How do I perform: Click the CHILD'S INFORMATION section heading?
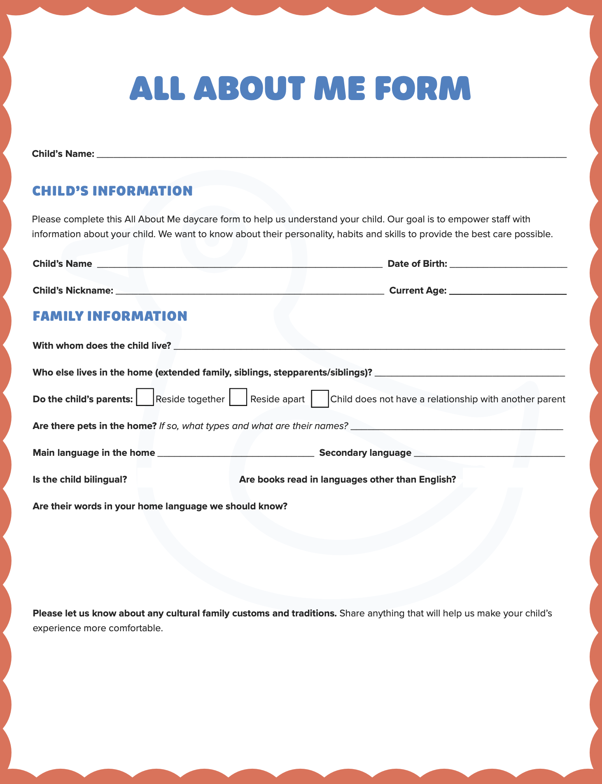tap(112, 191)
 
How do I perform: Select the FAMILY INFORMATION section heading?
tap(110, 316)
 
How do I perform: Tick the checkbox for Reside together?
tap(145, 397)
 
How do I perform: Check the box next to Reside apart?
tap(238, 397)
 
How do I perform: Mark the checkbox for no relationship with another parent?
tap(320, 399)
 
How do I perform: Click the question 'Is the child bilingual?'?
tap(80, 480)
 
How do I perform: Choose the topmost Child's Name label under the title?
tap(63, 154)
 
